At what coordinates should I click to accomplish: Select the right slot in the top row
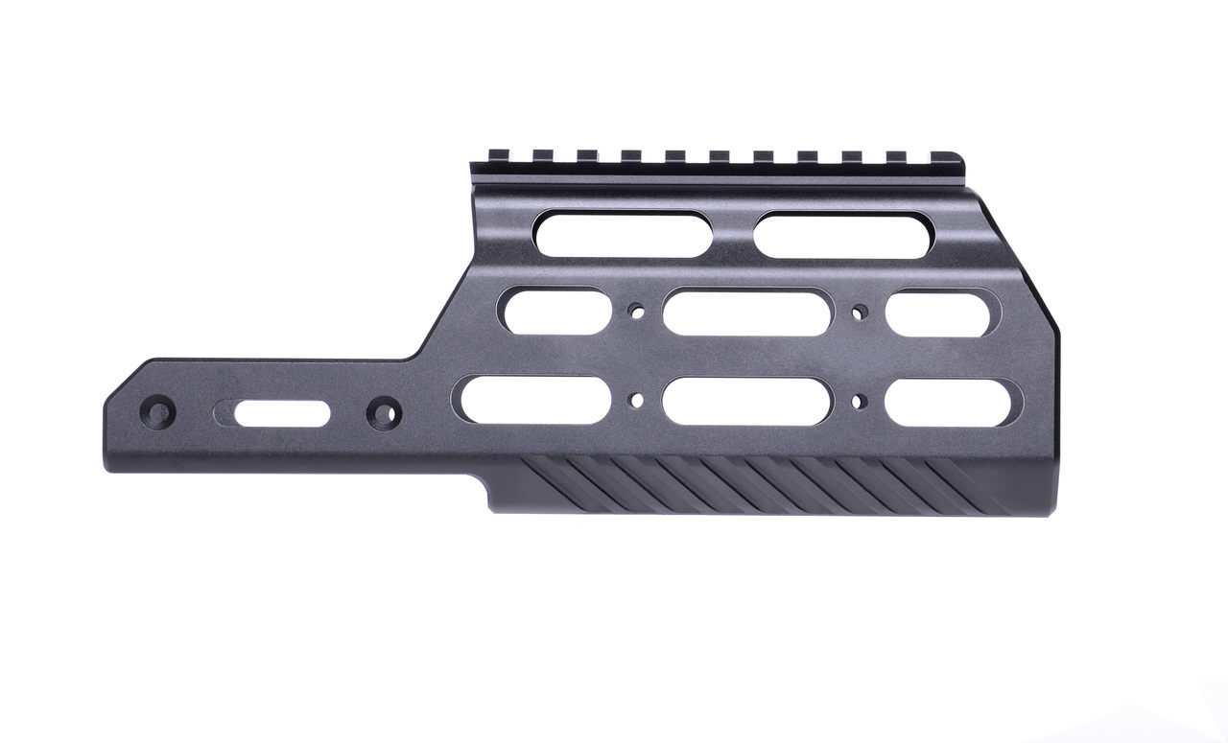pyautogui.click(x=842, y=235)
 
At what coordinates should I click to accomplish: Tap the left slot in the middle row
pyautogui.click(x=555, y=313)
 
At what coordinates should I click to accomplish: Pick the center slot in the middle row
pyautogui.click(x=746, y=313)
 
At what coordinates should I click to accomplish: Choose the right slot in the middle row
pyautogui.click(x=942, y=313)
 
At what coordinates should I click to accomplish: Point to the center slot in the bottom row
pyautogui.click(x=746, y=401)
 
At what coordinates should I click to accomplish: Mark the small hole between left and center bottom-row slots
pyautogui.click(x=634, y=400)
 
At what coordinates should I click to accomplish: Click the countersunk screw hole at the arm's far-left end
pyautogui.click(x=158, y=413)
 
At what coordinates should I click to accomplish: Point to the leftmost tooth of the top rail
pyautogui.click(x=498, y=155)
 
